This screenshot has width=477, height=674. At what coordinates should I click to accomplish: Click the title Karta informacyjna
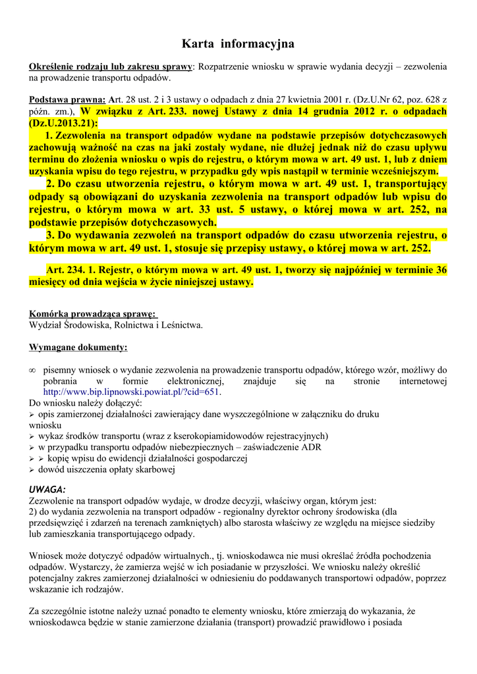tap(238, 44)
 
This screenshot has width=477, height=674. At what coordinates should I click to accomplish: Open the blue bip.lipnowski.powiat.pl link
tap(132, 392)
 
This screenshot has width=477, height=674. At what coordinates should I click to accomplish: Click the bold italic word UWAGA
tap(47, 490)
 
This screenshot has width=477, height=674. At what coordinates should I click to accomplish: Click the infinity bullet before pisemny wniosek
tap(32, 370)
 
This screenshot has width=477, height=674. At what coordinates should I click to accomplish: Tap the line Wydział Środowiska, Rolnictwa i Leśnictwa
tap(116, 324)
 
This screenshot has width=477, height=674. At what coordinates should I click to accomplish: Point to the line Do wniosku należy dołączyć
tap(81, 403)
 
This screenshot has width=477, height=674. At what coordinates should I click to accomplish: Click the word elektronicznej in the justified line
tap(173, 381)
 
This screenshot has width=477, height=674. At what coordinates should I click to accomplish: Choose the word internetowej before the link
tap(423, 381)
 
